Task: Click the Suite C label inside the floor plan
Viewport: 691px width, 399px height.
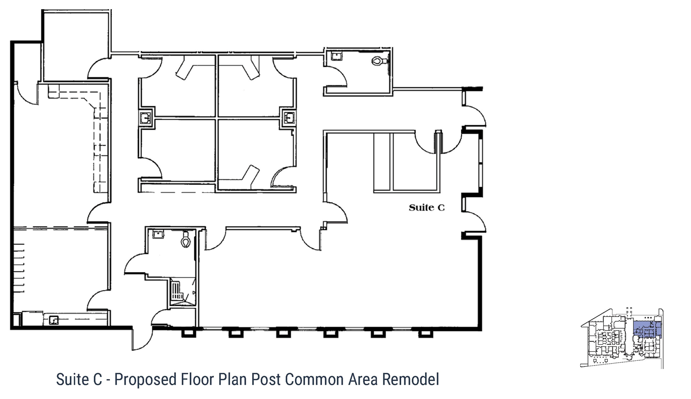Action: coord(426,208)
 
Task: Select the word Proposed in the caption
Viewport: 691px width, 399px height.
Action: coord(145,380)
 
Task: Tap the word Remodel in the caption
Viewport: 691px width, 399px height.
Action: coord(410,379)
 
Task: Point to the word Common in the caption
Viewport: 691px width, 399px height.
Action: coord(314,379)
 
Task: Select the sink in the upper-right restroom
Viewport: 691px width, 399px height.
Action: coord(336,56)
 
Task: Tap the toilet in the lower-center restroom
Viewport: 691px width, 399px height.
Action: coord(185,239)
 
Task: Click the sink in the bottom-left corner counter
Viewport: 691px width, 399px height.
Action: coord(54,320)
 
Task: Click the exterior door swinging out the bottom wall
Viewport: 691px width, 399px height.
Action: coord(142,338)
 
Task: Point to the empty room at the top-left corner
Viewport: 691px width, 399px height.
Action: coord(76,45)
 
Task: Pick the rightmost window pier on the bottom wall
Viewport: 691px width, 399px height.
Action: coord(426,333)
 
